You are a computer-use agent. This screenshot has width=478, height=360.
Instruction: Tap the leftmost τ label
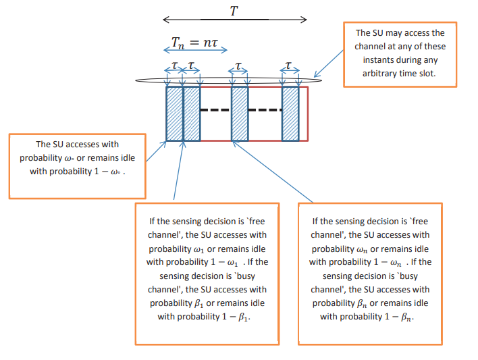click(x=174, y=66)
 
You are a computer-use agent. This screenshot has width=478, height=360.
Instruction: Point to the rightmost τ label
click(x=290, y=66)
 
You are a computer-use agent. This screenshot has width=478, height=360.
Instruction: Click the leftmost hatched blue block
click(x=175, y=113)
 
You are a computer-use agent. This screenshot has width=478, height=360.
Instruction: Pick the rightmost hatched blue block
click(x=290, y=113)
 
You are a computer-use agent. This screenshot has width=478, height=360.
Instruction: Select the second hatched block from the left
click(x=192, y=113)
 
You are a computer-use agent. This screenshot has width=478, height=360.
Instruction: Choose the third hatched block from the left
click(x=240, y=113)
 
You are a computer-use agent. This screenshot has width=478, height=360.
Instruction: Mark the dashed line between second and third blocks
click(x=215, y=109)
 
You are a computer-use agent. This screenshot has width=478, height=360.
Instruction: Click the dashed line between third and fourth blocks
click(x=265, y=109)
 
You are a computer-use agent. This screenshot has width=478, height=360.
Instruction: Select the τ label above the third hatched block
click(x=238, y=66)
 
